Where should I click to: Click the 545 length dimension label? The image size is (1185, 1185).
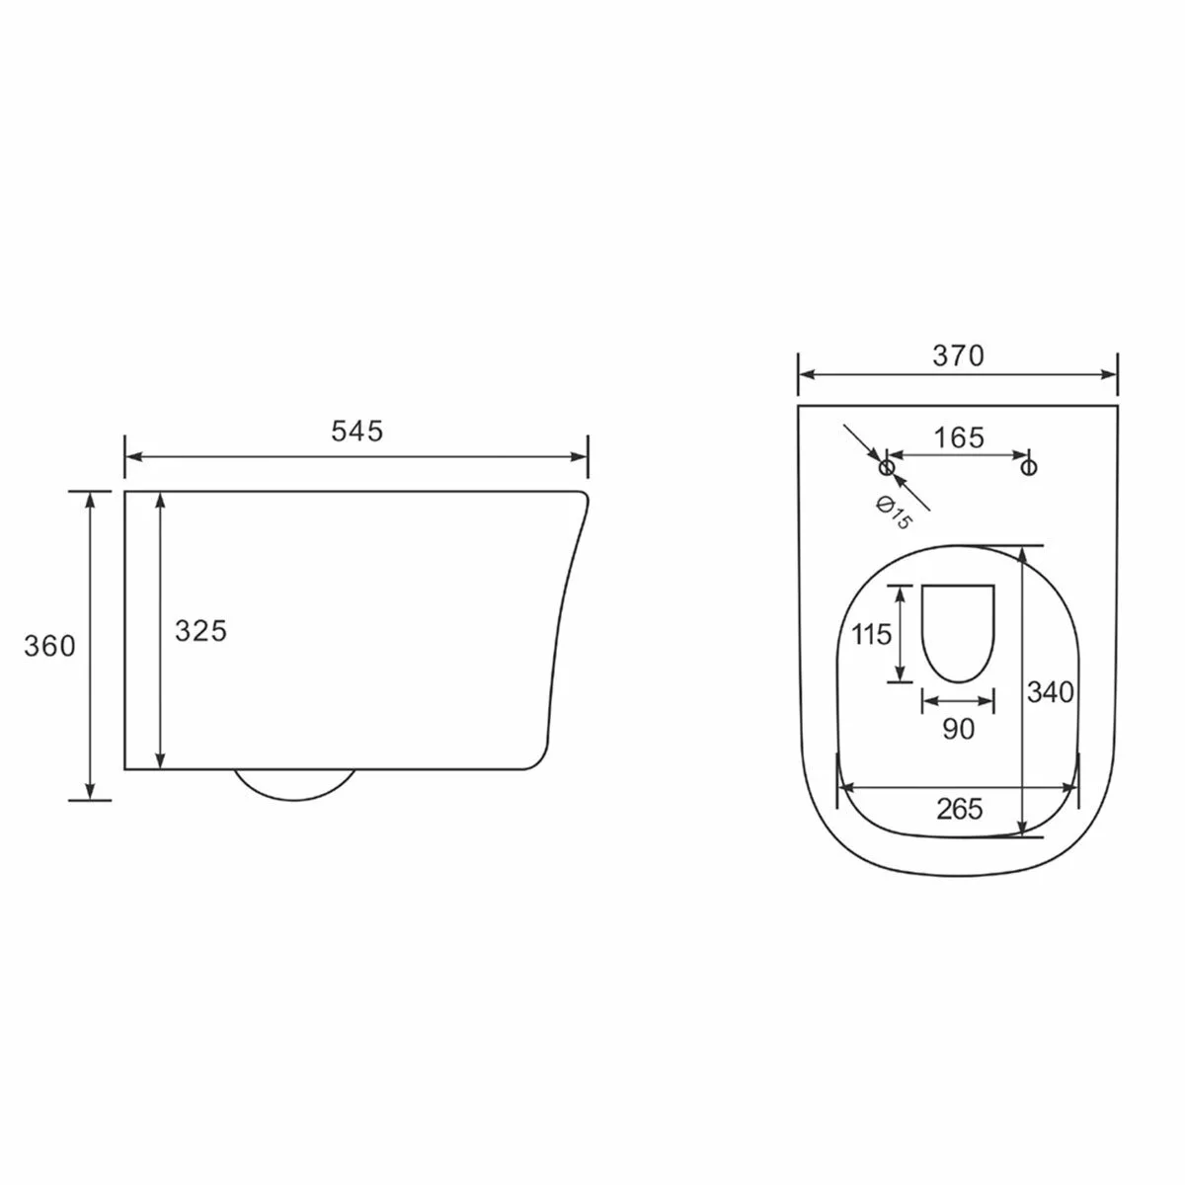pos(356,432)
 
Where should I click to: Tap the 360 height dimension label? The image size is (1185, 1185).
pos(49,646)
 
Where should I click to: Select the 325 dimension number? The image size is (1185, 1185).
pos(201,631)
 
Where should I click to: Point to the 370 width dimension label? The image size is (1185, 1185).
pos(958,355)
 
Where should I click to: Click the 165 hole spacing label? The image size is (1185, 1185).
pos(959,437)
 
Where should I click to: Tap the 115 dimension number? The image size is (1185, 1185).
pos(871,634)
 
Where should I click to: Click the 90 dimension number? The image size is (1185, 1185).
pos(959,729)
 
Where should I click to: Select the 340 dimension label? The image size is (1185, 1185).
pos(1051,692)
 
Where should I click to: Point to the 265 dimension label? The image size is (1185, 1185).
pos(959,810)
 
